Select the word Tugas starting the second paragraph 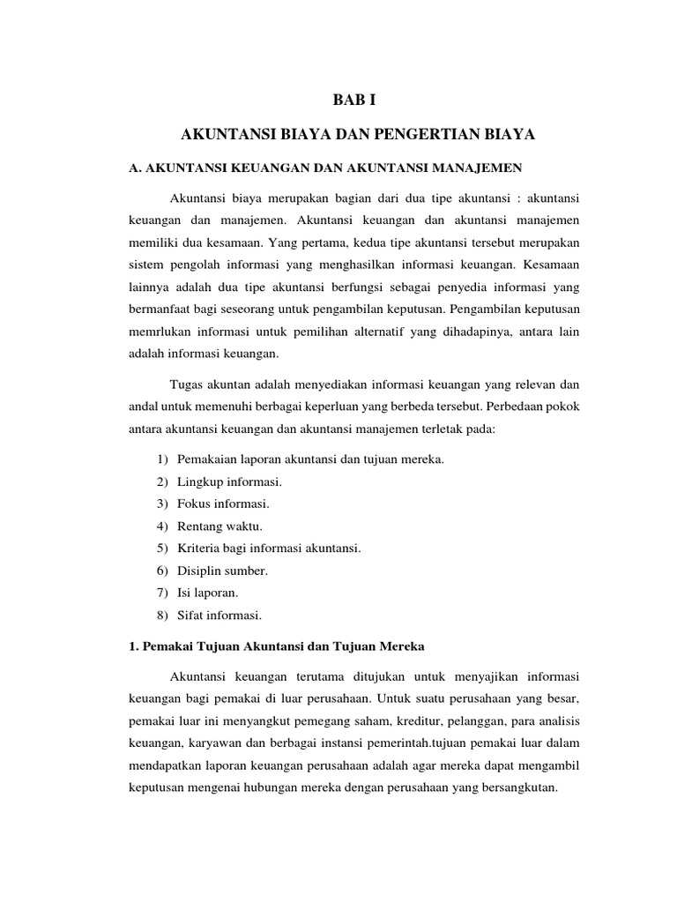tap(186, 384)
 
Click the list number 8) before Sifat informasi tap(162, 614)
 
